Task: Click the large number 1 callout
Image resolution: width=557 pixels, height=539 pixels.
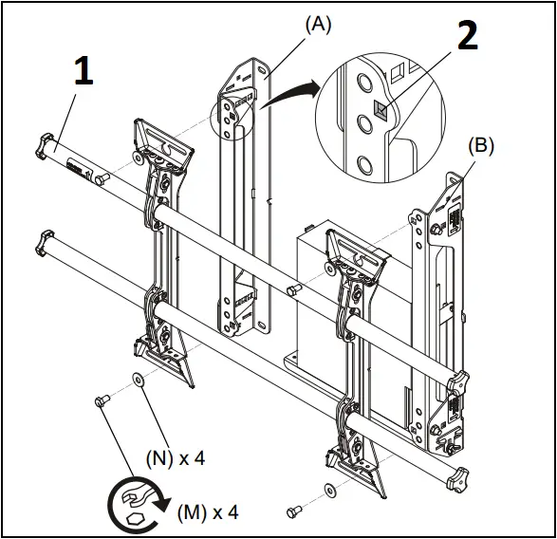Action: point(84,73)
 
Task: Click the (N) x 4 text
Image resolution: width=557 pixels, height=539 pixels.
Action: point(176,457)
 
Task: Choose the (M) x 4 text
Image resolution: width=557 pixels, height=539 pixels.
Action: point(208,512)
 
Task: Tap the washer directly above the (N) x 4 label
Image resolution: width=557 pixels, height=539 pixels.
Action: point(139,381)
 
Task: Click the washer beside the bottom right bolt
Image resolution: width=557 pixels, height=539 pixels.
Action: point(328,491)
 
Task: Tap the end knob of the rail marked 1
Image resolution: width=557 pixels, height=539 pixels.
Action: point(42,144)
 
